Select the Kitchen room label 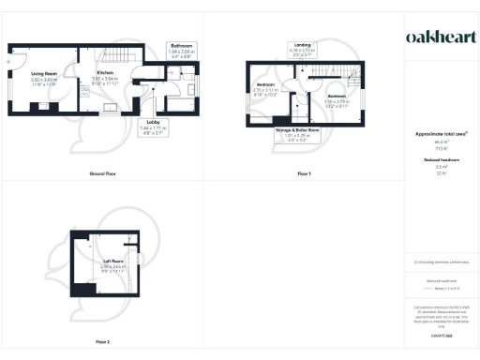(x=105, y=79)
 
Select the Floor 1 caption (x=303, y=174)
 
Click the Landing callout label (x=303, y=48)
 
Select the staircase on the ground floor (x=117, y=57)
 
